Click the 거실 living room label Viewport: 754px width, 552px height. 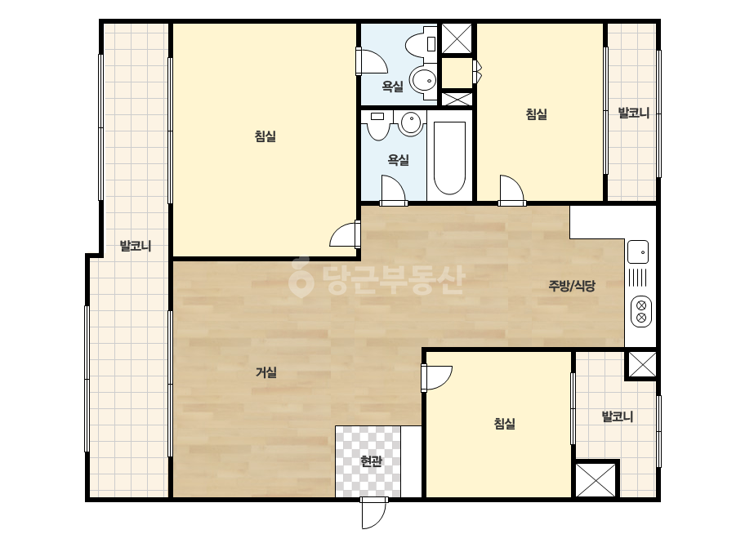pyautogui.click(x=266, y=372)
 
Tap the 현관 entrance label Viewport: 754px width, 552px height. pyautogui.click(x=371, y=461)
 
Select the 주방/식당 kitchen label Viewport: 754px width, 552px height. pyautogui.click(x=572, y=286)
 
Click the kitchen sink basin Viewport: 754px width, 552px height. pyautogui.click(x=638, y=252)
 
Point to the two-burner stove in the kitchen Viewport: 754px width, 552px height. pyautogui.click(x=641, y=311)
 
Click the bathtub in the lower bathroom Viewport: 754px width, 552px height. pyautogui.click(x=449, y=158)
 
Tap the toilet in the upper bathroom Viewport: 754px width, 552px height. pyautogui.click(x=421, y=43)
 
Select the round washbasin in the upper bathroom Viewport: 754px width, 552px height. pyautogui.click(x=423, y=79)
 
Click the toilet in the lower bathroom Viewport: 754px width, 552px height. pyautogui.click(x=377, y=126)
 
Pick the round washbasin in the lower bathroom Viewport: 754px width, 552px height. pyautogui.click(x=411, y=122)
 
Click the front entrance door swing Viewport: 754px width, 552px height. pyautogui.click(x=374, y=513)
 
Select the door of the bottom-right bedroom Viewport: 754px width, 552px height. pyautogui.click(x=436, y=378)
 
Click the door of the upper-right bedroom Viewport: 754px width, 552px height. pyautogui.click(x=511, y=190)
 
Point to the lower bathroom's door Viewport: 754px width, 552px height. pyautogui.click(x=394, y=190)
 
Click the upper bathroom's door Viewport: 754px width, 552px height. pyautogui.click(x=371, y=61)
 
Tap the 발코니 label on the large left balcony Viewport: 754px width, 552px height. pyautogui.click(x=136, y=246)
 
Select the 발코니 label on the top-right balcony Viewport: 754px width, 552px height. pyautogui.click(x=634, y=114)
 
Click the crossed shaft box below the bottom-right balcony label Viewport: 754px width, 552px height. pyautogui.click(x=596, y=480)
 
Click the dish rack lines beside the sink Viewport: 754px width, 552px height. pyautogui.click(x=638, y=278)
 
